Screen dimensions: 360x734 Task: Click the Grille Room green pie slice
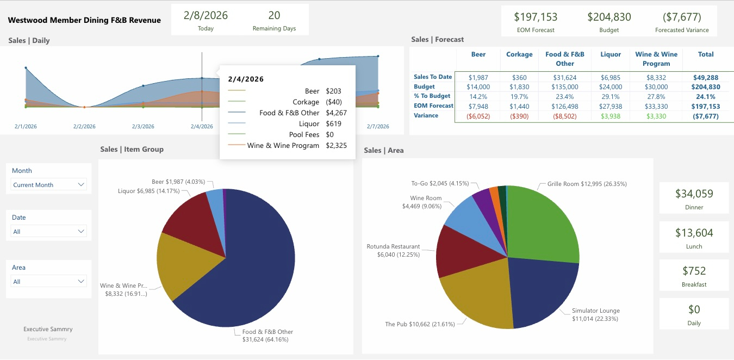[x=544, y=223]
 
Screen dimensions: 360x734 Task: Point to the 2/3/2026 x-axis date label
[x=143, y=127]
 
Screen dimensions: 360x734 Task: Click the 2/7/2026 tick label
[x=378, y=127]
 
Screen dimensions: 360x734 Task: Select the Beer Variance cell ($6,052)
[x=478, y=116]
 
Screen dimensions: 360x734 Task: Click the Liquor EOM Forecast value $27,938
[x=611, y=107]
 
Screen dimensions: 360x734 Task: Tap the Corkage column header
[x=519, y=54]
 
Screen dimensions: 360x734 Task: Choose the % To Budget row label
[x=432, y=96]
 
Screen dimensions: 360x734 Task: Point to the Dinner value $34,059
[x=694, y=194]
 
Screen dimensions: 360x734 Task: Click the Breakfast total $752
[x=694, y=271]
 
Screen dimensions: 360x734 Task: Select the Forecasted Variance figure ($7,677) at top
[x=682, y=17]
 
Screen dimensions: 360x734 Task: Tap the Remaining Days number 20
[x=274, y=15]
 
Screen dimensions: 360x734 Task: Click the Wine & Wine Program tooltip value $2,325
[x=336, y=146]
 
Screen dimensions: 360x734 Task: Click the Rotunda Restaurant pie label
[x=393, y=250]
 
